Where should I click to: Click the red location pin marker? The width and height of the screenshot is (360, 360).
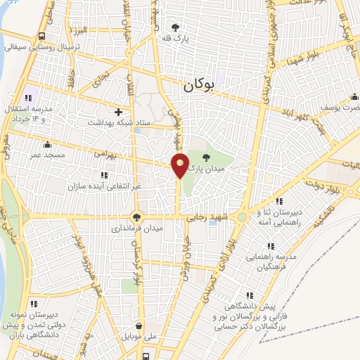point(180,166)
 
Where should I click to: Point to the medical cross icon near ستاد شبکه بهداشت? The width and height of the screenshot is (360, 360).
point(118,112)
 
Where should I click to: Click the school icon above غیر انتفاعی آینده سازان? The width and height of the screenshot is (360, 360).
point(104,175)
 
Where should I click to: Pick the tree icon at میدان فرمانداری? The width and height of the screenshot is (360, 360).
point(136,217)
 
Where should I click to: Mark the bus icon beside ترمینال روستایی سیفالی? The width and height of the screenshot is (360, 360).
point(43,36)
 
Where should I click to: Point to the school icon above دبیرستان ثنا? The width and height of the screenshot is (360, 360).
point(264,200)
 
